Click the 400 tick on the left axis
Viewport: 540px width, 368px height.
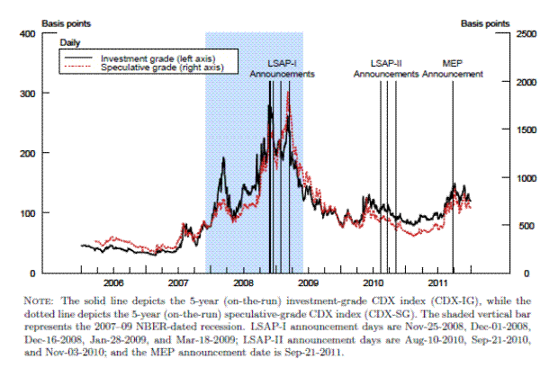pyautogui.click(x=27, y=33)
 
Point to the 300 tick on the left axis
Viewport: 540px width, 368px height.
pyautogui.click(x=27, y=93)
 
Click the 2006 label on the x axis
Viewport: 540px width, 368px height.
pyautogui.click(x=113, y=283)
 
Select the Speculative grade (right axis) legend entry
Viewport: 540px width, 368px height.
pyautogui.click(x=157, y=67)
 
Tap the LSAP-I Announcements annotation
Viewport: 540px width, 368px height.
pyautogui.click(x=282, y=69)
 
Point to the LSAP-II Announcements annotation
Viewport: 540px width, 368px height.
pyautogui.click(x=386, y=69)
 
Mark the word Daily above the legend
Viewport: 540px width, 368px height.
pyautogui.click(x=72, y=42)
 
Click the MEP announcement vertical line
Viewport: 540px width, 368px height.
pyautogui.click(x=453, y=180)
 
